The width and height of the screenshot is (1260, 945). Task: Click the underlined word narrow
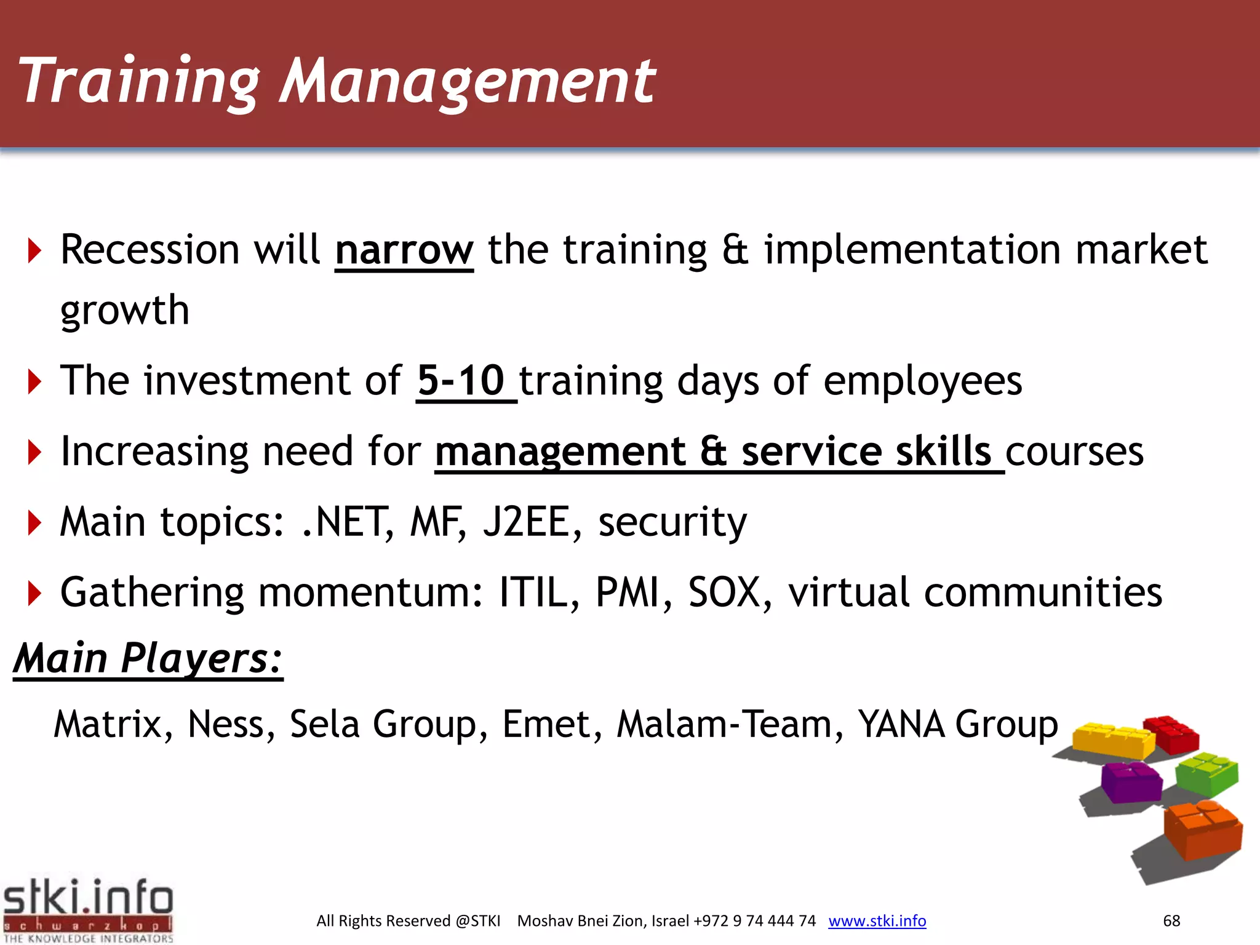[404, 250]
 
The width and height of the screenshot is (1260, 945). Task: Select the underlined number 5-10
[461, 381]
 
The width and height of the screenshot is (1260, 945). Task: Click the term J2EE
[527, 522]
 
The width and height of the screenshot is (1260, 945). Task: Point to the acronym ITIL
[533, 592]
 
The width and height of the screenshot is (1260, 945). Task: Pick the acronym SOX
[724, 592]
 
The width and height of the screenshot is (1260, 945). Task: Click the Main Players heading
[148, 658]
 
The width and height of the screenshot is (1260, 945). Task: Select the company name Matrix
[108, 724]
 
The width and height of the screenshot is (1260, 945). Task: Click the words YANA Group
[957, 724]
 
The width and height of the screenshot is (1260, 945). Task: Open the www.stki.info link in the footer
[877, 921]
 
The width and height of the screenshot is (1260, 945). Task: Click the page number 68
[1171, 921]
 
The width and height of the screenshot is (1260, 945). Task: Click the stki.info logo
[88, 909]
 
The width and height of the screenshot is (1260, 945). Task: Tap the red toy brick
[1172, 734]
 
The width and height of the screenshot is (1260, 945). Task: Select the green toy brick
[1206, 773]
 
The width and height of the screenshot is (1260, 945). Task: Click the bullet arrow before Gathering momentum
[34, 593]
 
